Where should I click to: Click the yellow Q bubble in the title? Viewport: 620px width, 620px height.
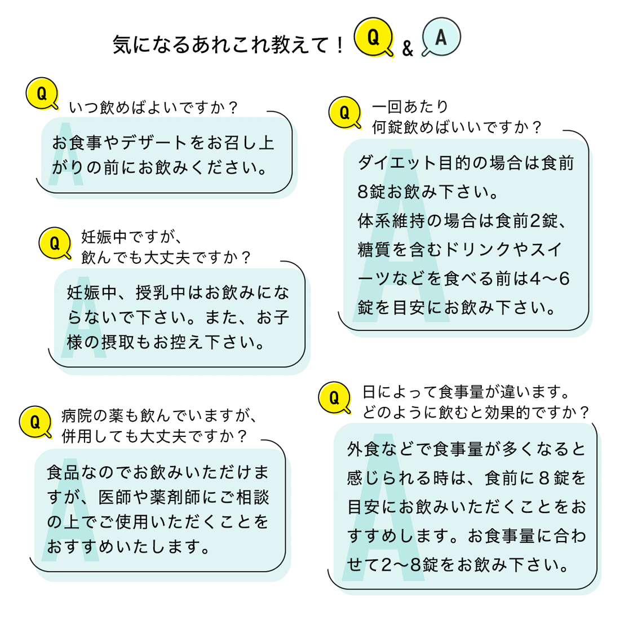click(x=373, y=38)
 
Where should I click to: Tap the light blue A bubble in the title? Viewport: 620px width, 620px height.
click(x=441, y=38)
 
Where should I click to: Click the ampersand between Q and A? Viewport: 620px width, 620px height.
click(x=408, y=49)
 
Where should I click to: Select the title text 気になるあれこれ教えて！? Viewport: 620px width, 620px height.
click(x=228, y=45)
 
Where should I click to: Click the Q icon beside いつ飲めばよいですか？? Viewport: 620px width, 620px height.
click(x=42, y=94)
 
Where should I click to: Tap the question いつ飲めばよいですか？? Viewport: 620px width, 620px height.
click(x=154, y=107)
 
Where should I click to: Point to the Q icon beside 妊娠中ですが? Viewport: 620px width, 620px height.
click(x=55, y=243)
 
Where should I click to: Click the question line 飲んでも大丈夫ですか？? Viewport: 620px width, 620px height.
click(x=167, y=258)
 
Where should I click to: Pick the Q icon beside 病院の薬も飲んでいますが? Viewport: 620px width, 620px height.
click(x=35, y=422)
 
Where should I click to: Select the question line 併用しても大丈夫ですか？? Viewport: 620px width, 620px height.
click(x=154, y=436)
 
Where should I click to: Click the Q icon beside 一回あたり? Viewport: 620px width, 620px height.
click(x=344, y=112)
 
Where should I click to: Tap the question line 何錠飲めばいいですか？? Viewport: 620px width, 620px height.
click(x=457, y=127)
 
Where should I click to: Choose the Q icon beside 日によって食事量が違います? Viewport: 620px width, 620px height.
click(x=334, y=398)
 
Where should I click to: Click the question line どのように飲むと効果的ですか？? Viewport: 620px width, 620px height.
click(x=476, y=413)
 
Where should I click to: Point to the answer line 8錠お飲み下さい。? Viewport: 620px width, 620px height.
click(x=429, y=192)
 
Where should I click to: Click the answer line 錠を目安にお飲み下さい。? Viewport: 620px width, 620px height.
click(x=457, y=308)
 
